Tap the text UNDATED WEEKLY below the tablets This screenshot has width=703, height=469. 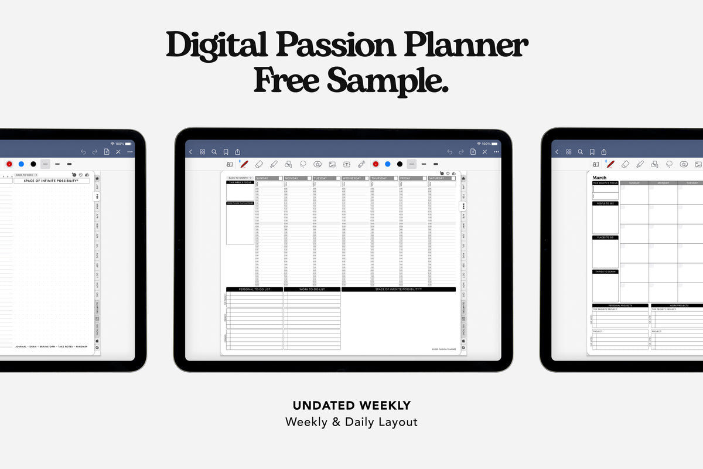[x=351, y=405]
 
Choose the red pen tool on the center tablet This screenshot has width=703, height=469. [x=244, y=164]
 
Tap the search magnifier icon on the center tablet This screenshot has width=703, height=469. [x=214, y=152]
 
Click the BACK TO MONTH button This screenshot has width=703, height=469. [x=240, y=178]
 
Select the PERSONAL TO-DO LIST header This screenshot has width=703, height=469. [x=254, y=290]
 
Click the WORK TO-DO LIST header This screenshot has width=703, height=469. [x=312, y=290]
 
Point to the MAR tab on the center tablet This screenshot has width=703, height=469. [x=463, y=206]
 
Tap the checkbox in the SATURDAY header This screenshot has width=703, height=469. [x=453, y=178]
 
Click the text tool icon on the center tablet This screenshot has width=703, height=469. [x=346, y=165]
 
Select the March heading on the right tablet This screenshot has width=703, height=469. [x=599, y=178]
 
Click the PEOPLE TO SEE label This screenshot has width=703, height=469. [x=605, y=203]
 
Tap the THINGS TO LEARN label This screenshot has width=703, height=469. [x=605, y=271]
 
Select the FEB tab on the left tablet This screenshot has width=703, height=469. [x=97, y=197]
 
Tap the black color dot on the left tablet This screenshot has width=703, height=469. [x=33, y=164]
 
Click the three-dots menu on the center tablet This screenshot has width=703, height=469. [x=496, y=152]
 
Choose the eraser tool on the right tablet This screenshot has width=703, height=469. [x=625, y=165]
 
